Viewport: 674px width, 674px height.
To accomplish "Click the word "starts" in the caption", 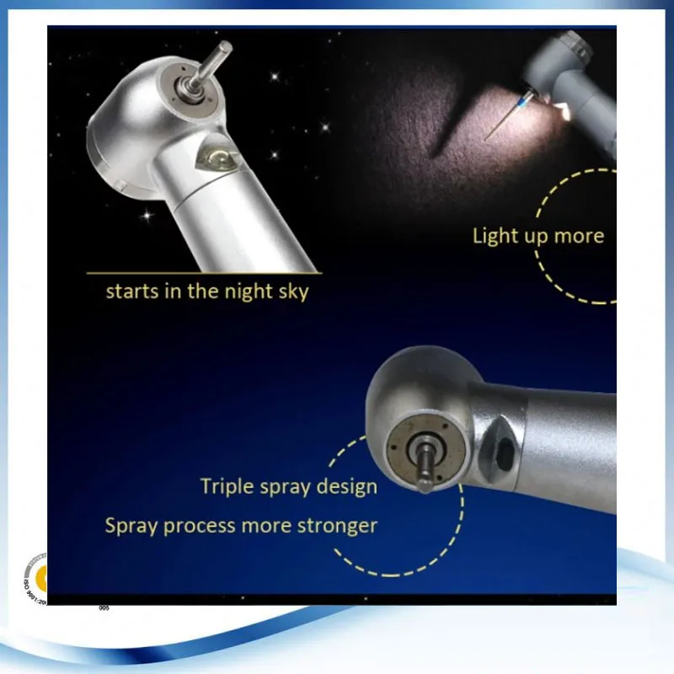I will (x=129, y=292).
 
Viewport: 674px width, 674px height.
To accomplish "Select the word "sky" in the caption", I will (x=292, y=292).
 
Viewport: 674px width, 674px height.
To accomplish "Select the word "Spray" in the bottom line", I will (x=131, y=526).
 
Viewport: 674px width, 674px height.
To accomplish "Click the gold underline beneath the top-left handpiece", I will (x=203, y=272).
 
